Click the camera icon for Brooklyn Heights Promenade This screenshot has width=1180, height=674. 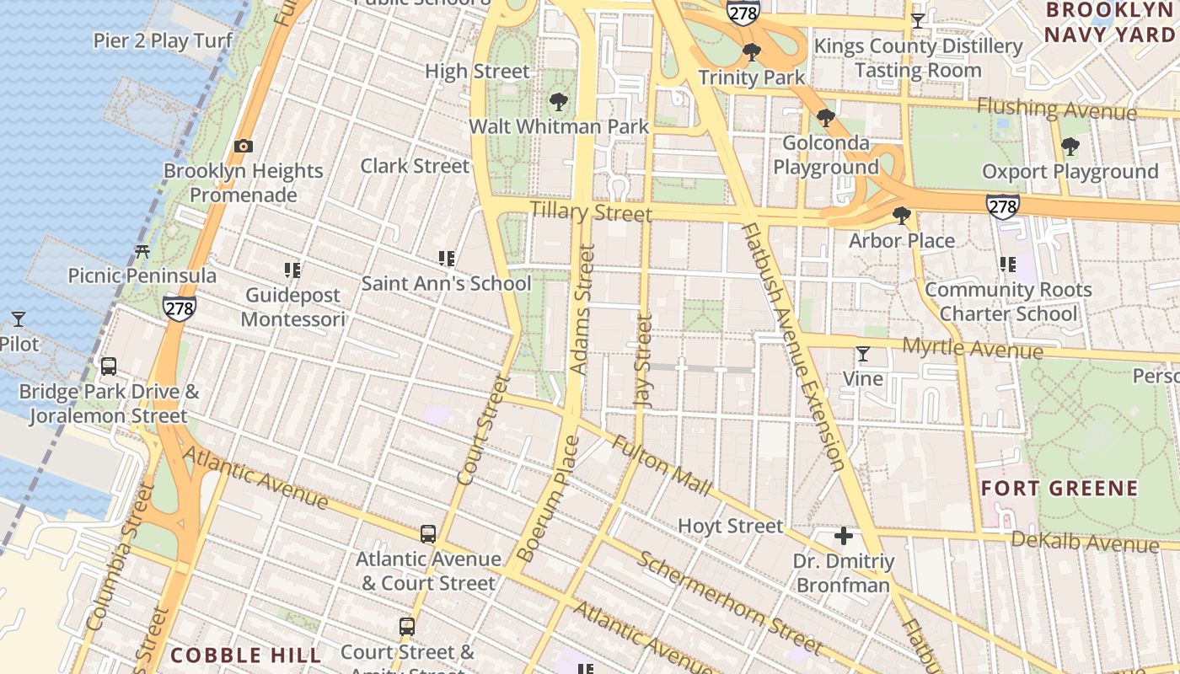click(x=244, y=147)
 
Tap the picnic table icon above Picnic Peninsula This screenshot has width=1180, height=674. click(x=142, y=251)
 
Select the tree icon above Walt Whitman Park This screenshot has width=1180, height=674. click(x=558, y=103)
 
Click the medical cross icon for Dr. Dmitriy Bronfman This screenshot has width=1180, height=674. click(x=843, y=536)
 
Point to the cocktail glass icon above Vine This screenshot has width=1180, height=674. click(x=863, y=354)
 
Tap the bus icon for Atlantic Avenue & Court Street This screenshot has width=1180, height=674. click(x=428, y=534)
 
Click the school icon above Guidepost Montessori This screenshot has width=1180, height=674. click(x=292, y=270)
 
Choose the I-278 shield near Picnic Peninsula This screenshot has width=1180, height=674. click(x=180, y=308)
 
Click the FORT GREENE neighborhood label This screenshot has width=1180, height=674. click(x=1059, y=489)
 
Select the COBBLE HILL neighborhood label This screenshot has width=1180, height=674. click(x=246, y=655)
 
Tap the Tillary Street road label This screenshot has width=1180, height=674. click(x=591, y=211)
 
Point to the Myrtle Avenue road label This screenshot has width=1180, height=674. click(x=973, y=348)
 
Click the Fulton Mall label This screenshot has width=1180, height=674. click(x=662, y=465)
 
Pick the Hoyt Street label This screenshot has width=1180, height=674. click(x=730, y=527)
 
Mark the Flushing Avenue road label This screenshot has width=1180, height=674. click(x=1057, y=109)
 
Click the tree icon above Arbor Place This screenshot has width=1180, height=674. click(x=902, y=217)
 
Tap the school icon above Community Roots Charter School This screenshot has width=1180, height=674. click(x=1007, y=265)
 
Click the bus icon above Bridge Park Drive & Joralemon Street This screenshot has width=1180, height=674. click(x=109, y=366)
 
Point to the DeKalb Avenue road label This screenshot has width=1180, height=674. click(x=1085, y=542)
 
